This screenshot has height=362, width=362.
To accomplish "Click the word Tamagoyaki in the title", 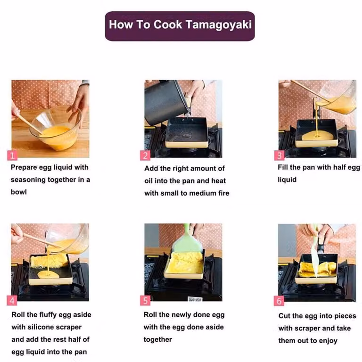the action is point(218,25).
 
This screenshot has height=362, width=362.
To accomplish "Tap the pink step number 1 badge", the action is point(12,155).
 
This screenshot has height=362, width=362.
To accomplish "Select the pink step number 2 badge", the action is point(145,156).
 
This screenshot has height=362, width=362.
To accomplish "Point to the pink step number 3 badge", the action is point(279,156).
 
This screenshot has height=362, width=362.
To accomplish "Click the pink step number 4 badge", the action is point(12,300).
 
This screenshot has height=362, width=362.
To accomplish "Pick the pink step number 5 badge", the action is point(145,301).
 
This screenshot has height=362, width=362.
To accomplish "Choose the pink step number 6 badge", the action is point(279,301).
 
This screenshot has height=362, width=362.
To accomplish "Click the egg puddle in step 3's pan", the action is point(317,137).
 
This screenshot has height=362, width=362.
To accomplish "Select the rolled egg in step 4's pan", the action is point(49,260).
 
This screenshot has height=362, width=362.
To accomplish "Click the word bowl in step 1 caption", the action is point(19,192).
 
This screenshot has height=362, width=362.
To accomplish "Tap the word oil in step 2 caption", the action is point(148,181).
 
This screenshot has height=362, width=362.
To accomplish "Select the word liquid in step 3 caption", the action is point(287,180).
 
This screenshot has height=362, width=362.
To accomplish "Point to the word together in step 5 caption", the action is point(158,339).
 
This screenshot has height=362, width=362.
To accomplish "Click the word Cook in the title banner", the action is point(168,25).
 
